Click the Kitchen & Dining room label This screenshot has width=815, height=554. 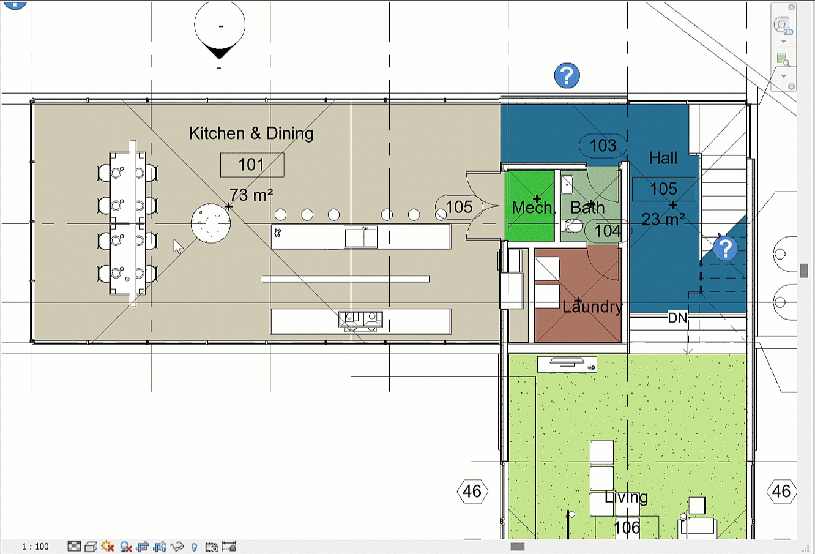[251, 133]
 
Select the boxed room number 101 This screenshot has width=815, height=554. [252, 165]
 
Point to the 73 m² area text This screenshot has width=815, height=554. [251, 195]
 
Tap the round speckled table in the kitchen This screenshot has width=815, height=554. [210, 223]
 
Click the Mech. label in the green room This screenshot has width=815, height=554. [533, 208]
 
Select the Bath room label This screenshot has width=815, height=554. [587, 208]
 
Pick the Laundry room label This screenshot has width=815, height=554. [592, 307]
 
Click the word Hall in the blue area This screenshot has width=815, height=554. [663, 159]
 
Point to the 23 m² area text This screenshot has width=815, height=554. [663, 220]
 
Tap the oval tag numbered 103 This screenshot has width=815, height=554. [603, 146]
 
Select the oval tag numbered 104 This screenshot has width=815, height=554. [608, 231]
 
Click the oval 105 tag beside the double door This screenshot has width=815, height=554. [459, 207]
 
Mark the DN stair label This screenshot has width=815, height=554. [677, 318]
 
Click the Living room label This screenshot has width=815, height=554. [626, 498]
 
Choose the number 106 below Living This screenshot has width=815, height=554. [627, 528]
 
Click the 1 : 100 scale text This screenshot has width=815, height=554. [35, 547]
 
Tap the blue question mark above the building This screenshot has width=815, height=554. [567, 76]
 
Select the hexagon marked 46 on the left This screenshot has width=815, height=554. [472, 492]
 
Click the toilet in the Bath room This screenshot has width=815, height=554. [573, 226]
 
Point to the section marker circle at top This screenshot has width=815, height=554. [220, 26]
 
